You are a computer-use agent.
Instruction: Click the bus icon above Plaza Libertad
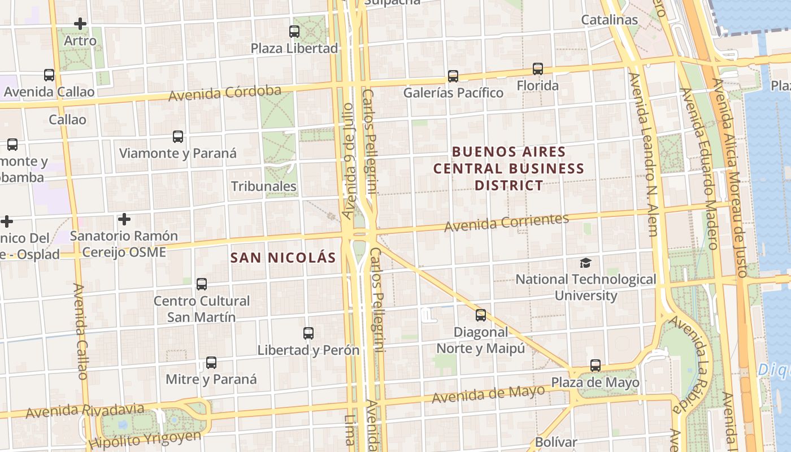294,32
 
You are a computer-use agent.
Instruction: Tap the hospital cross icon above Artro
80,24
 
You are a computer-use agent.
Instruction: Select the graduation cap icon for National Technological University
586,263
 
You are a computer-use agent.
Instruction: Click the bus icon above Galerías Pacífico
453,76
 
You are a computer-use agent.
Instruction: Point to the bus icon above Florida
538,69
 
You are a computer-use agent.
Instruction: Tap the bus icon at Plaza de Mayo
596,366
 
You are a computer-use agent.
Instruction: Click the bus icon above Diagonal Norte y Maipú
481,315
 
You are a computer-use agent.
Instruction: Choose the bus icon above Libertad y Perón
308,333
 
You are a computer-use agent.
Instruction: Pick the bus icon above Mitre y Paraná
211,363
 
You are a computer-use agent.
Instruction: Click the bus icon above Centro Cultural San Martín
202,284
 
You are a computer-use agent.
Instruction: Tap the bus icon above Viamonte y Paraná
178,137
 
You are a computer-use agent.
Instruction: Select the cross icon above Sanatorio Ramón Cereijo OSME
124,219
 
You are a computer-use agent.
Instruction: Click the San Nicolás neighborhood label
283,258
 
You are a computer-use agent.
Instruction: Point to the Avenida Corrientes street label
506,223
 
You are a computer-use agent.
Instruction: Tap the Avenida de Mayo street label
489,393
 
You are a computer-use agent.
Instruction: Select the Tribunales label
264,186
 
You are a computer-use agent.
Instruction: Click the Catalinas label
610,20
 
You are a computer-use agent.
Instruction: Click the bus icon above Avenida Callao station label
49,75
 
